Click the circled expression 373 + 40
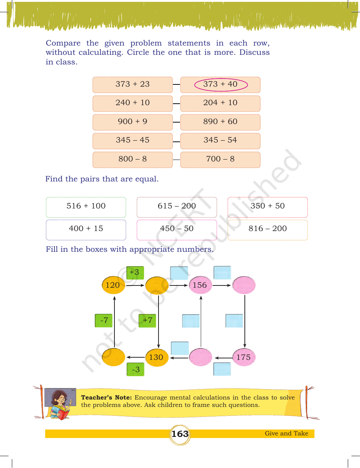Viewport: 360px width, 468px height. pyautogui.click(x=221, y=84)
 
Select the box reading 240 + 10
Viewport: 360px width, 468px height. pyautogui.click(x=133, y=103)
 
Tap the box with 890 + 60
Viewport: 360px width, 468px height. pyautogui.click(x=220, y=122)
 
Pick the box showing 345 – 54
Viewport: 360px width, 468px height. pyautogui.click(x=220, y=141)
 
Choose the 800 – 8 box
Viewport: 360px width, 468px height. pyautogui.click(x=133, y=160)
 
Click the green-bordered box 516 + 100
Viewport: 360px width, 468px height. pyautogui.click(x=86, y=207)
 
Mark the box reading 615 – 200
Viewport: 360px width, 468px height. pyautogui.click(x=177, y=207)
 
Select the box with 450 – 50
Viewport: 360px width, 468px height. pyautogui.click(x=177, y=230)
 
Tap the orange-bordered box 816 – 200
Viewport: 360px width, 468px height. pyautogui.click(x=267, y=230)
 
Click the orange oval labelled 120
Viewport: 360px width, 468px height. pyautogui.click(x=113, y=285)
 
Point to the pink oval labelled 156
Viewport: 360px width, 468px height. pyautogui.click(x=200, y=285)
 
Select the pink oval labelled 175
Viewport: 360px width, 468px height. pyautogui.click(x=244, y=357)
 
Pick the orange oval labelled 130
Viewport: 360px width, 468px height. pyautogui.click(x=157, y=357)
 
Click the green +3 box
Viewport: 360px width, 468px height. pyautogui.click(x=135, y=273)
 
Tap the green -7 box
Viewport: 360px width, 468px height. pyautogui.click(x=104, y=321)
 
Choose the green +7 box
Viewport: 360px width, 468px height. pyautogui.click(x=147, y=321)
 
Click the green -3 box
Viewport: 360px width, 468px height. pyautogui.click(x=135, y=370)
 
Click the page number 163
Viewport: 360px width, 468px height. pyautogui.click(x=180, y=434)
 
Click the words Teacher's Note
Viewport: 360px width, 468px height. pyautogui.click(x=106, y=397)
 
